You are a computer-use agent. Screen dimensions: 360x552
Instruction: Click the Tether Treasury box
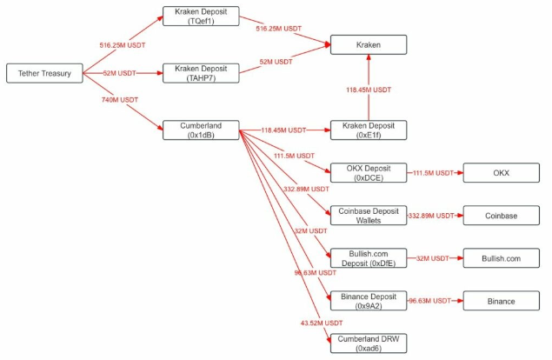point(44,74)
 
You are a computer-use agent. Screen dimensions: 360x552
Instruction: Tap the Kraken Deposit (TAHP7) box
point(201,74)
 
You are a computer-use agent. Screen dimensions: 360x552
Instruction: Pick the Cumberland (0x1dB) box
point(201,130)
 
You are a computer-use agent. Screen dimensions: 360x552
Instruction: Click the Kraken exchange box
point(369,43)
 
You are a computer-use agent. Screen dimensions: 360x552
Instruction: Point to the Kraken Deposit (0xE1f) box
point(369,130)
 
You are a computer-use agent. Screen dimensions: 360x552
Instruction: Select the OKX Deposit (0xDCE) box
point(369,173)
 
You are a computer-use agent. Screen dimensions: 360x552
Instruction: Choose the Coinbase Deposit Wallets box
point(369,215)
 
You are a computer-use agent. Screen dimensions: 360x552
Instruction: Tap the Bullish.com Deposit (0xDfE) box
point(369,257)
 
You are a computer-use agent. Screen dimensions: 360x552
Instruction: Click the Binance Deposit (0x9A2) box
point(369,300)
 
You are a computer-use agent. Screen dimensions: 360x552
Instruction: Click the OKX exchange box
point(502,173)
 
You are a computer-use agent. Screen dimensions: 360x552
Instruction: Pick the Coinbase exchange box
point(502,215)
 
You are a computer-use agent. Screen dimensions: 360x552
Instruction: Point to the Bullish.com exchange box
point(502,257)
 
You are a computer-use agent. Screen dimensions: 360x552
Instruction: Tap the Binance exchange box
point(502,300)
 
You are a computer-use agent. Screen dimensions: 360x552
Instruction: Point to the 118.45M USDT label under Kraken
point(369,89)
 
